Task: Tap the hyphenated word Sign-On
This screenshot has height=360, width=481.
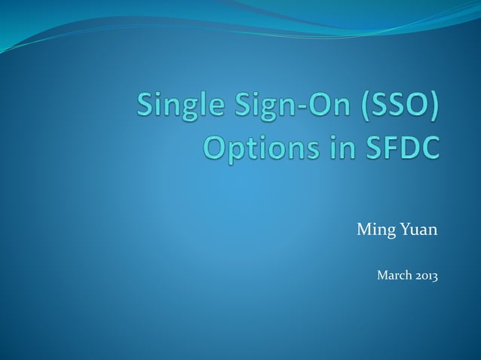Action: tap(280, 106)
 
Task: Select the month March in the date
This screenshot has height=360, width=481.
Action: tap(392, 276)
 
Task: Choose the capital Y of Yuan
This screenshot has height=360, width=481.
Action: tap(406, 228)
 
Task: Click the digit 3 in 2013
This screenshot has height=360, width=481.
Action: tap(434, 276)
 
